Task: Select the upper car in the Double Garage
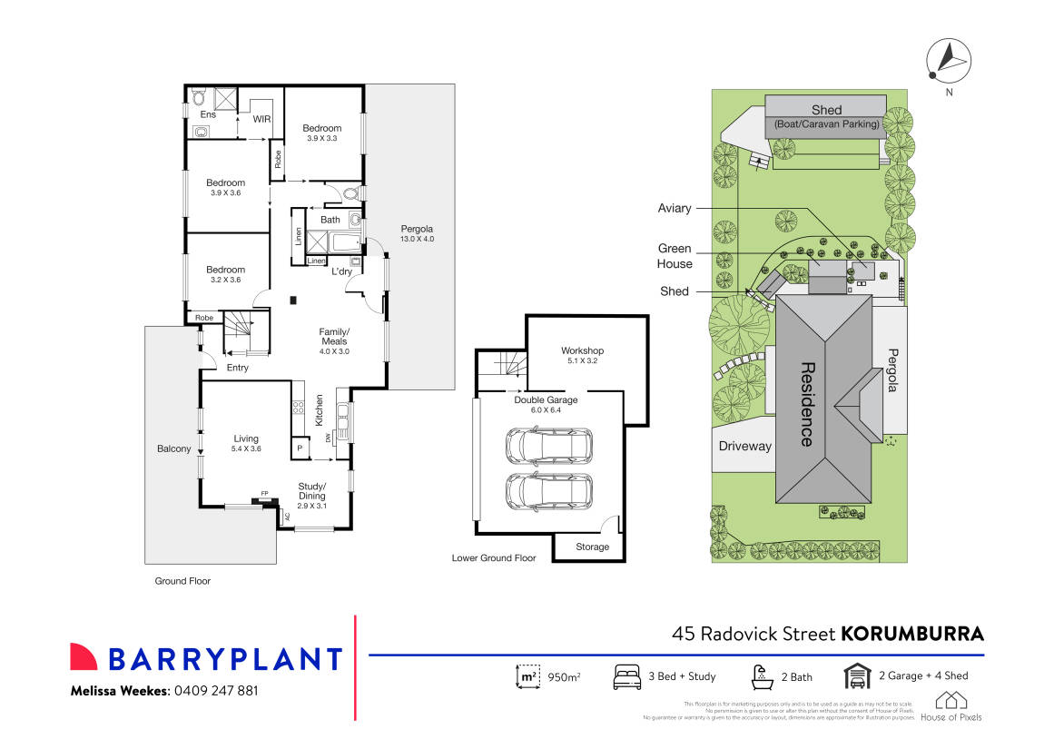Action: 547,445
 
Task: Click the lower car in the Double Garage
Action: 547,491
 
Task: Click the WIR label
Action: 262,119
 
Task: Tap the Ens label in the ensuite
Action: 208,114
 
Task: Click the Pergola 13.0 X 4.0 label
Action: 419,233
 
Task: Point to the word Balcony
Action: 174,448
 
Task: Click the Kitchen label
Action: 319,410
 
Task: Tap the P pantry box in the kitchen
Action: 300,448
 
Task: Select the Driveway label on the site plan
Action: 744,446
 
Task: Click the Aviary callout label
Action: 675,209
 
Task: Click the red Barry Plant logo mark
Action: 84,657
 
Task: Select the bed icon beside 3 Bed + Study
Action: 627,676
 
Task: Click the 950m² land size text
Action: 563,677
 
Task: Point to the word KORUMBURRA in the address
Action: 912,633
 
